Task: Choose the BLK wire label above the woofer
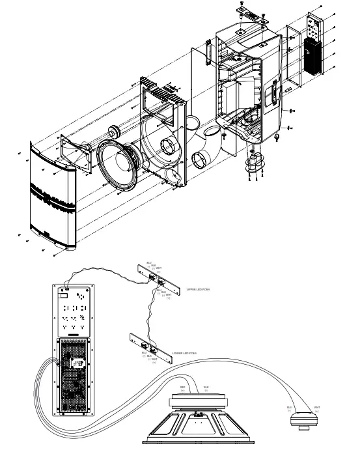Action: tap(206, 387)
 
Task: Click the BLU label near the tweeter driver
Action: tap(290, 408)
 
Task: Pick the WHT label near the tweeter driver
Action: tap(316, 408)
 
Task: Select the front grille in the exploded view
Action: tap(52, 195)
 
